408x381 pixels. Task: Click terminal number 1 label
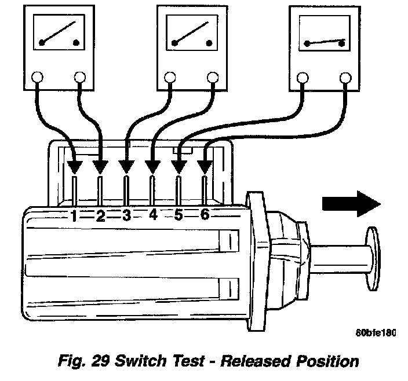point(74,216)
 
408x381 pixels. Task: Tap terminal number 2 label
point(100,216)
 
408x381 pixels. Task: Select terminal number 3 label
point(126,216)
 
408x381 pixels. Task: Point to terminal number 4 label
point(152,215)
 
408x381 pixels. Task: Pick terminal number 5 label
point(178,215)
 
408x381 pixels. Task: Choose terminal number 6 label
point(204,215)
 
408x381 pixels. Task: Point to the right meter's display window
point(322,36)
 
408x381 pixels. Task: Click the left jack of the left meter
point(37,77)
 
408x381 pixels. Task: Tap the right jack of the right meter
point(345,77)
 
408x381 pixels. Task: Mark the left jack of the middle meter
point(169,77)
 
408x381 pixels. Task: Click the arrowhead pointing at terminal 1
point(74,167)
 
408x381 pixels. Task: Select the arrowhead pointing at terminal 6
point(204,167)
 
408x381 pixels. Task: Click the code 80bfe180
point(375,333)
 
